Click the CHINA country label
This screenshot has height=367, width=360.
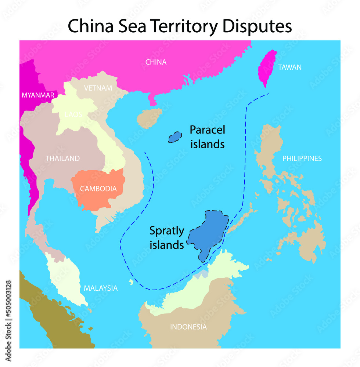156,62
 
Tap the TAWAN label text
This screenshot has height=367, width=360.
290,67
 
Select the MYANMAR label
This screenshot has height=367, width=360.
38,95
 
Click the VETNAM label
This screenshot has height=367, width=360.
98,88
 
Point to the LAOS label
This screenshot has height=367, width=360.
73,115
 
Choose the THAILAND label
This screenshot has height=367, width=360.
62,159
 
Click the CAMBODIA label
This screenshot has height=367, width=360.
98,189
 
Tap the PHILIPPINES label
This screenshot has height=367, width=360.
302,159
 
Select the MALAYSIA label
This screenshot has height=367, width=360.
101,288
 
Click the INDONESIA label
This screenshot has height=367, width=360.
188,327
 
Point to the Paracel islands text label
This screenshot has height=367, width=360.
207,137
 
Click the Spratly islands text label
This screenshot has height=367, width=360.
167,238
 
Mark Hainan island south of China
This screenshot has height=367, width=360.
149,117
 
